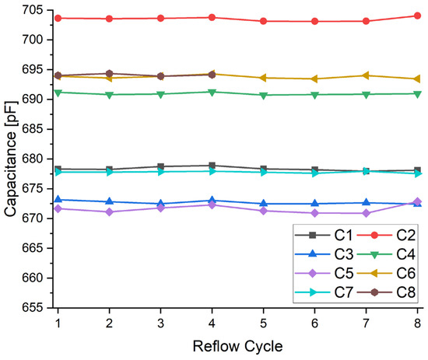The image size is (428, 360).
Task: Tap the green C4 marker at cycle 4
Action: (212, 92)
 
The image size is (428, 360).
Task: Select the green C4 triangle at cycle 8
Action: (418, 94)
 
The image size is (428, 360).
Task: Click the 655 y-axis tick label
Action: (37, 308)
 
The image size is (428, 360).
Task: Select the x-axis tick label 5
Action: (263, 322)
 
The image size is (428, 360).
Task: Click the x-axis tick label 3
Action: (160, 322)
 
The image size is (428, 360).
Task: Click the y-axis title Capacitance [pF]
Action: (10, 159)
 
